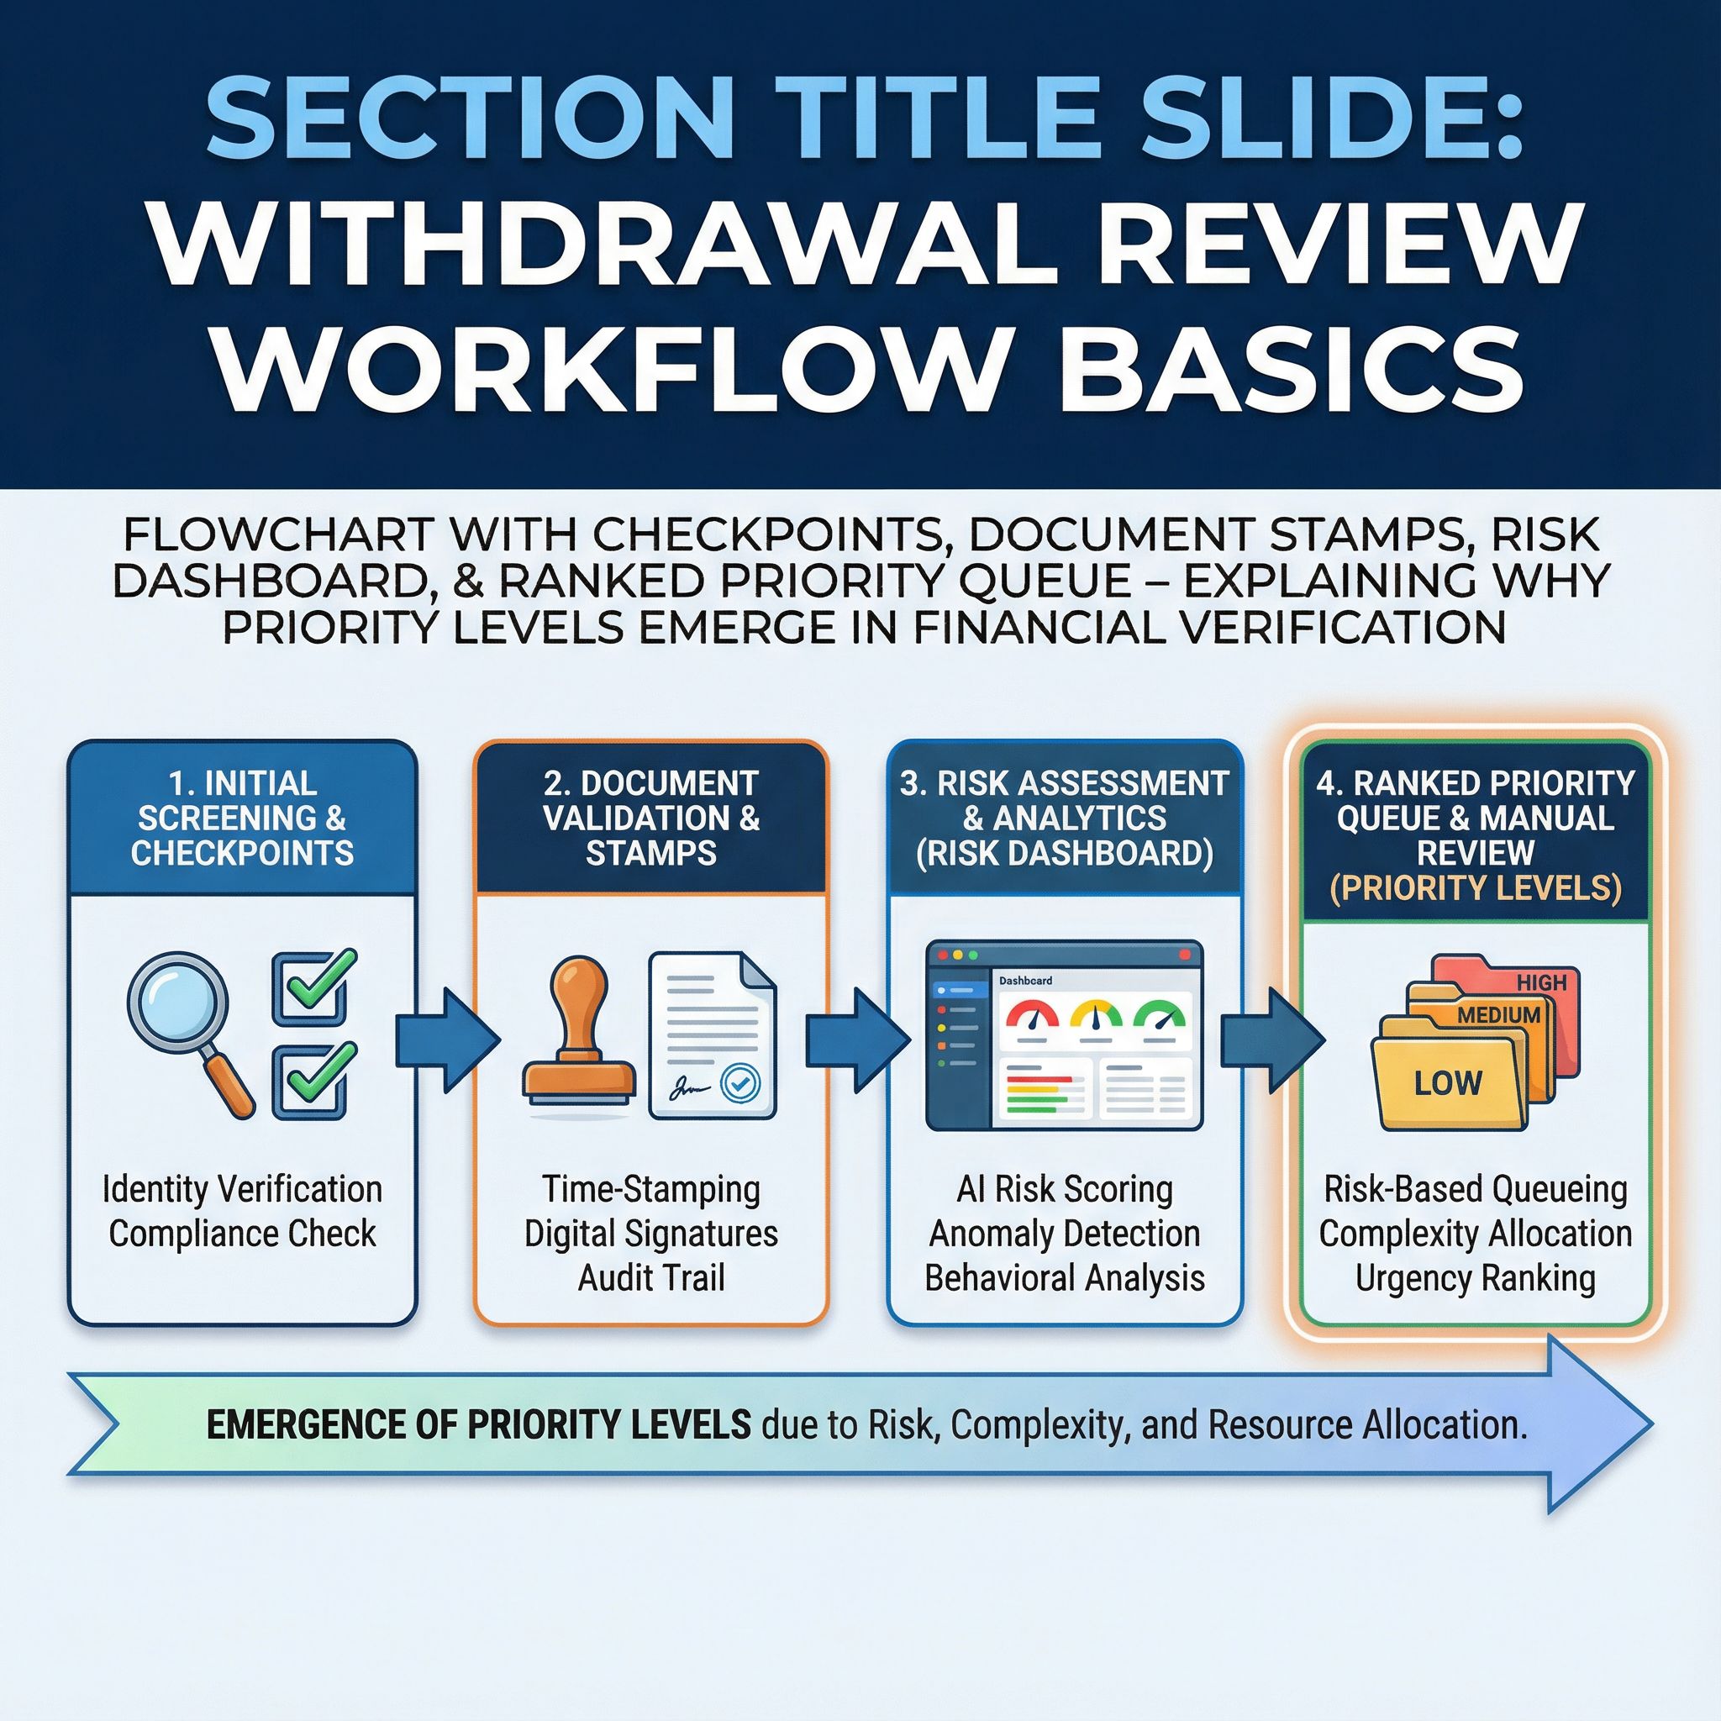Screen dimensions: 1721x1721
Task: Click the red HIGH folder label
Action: point(1541,982)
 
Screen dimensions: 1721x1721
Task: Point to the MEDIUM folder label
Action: point(1499,1014)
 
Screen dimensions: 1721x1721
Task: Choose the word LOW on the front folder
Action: point(1448,1082)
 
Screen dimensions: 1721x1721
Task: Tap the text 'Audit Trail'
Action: point(651,1278)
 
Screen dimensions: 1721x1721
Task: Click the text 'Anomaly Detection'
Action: point(1065,1234)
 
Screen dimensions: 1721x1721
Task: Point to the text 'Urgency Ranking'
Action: point(1475,1279)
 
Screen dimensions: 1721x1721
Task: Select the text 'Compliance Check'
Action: point(242,1234)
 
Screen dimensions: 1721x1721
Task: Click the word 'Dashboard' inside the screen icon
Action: point(1025,981)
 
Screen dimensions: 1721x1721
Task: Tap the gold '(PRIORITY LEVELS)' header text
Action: point(1475,888)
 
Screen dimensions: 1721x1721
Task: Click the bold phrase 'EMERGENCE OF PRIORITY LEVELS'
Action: point(478,1425)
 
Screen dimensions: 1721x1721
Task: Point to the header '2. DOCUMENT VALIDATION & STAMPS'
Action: point(651,818)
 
